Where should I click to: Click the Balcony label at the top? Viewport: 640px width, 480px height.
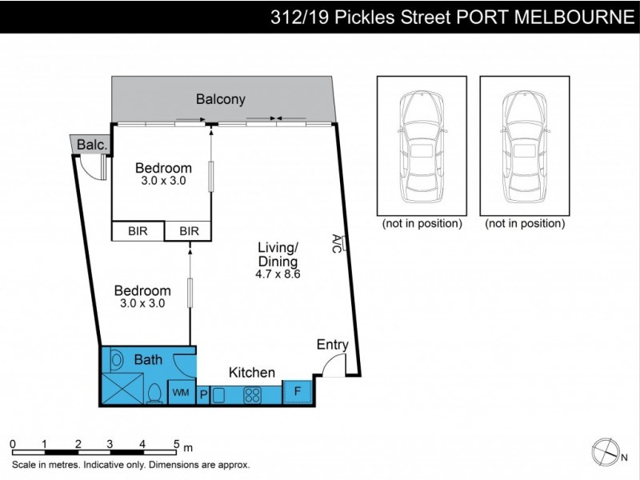pos(221,100)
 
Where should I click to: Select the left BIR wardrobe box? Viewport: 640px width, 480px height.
pos(138,231)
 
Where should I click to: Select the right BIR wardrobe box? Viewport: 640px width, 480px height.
pos(189,231)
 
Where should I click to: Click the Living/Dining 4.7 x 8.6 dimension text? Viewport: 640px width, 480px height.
pos(278,274)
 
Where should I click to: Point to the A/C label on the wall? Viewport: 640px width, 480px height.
pos(338,243)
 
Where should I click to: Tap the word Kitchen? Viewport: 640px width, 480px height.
pos(252,372)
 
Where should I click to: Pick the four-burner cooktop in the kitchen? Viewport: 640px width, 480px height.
pos(254,394)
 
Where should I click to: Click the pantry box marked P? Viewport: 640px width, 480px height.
pos(203,394)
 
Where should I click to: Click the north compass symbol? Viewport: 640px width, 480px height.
pos(605,452)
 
